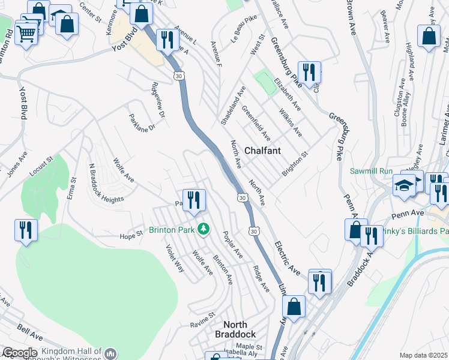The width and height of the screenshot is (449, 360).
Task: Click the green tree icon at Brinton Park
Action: (204, 229)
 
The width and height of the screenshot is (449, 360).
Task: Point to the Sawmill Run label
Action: (370, 170)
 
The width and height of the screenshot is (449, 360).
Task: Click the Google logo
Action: (19, 353)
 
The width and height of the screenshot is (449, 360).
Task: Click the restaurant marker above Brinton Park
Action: (193, 200)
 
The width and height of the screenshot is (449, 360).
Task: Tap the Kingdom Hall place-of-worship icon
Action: (110, 353)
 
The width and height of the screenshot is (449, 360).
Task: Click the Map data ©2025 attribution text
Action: (424, 355)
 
